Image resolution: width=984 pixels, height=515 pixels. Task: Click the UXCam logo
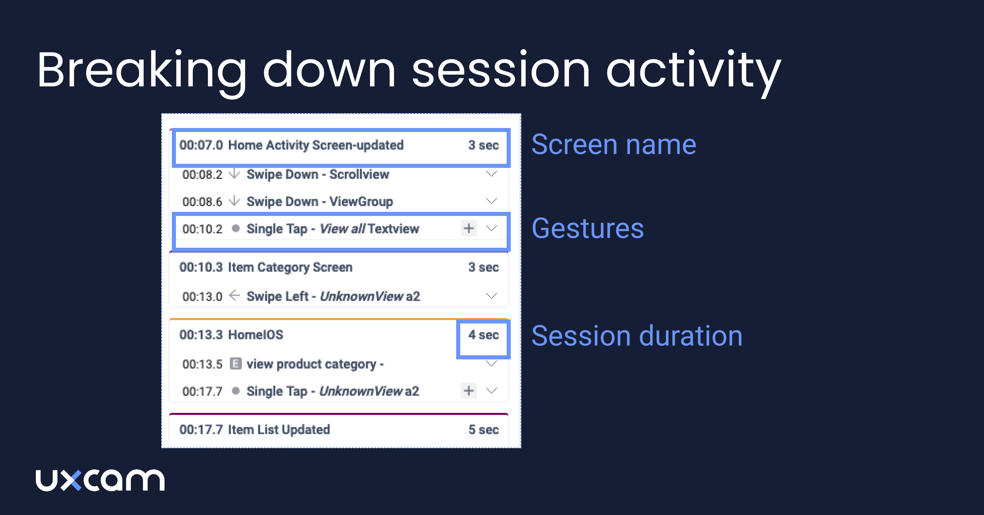click(100, 480)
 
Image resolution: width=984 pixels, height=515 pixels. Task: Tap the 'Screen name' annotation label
click(613, 145)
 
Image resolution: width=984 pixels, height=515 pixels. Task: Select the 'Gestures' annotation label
click(588, 228)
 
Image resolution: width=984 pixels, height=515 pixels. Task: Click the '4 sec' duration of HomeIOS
click(483, 335)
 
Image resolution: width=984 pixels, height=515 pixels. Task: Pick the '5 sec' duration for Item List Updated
click(483, 430)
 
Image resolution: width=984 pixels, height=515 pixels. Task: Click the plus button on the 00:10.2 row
click(469, 228)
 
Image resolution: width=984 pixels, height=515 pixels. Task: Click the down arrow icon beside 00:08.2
click(234, 174)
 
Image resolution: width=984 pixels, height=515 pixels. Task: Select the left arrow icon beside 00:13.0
click(234, 296)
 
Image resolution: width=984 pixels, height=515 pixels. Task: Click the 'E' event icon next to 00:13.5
click(236, 364)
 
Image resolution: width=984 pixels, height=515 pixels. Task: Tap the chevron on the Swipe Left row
click(491, 296)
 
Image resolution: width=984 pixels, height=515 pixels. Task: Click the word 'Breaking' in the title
click(141, 71)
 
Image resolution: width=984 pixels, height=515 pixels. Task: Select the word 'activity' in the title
click(693, 71)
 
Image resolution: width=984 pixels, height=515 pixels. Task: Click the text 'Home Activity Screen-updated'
click(316, 145)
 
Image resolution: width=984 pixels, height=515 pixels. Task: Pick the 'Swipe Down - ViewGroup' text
click(320, 201)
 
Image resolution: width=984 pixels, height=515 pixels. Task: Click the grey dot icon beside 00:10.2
click(236, 228)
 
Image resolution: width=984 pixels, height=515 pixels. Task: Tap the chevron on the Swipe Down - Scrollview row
click(491, 174)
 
